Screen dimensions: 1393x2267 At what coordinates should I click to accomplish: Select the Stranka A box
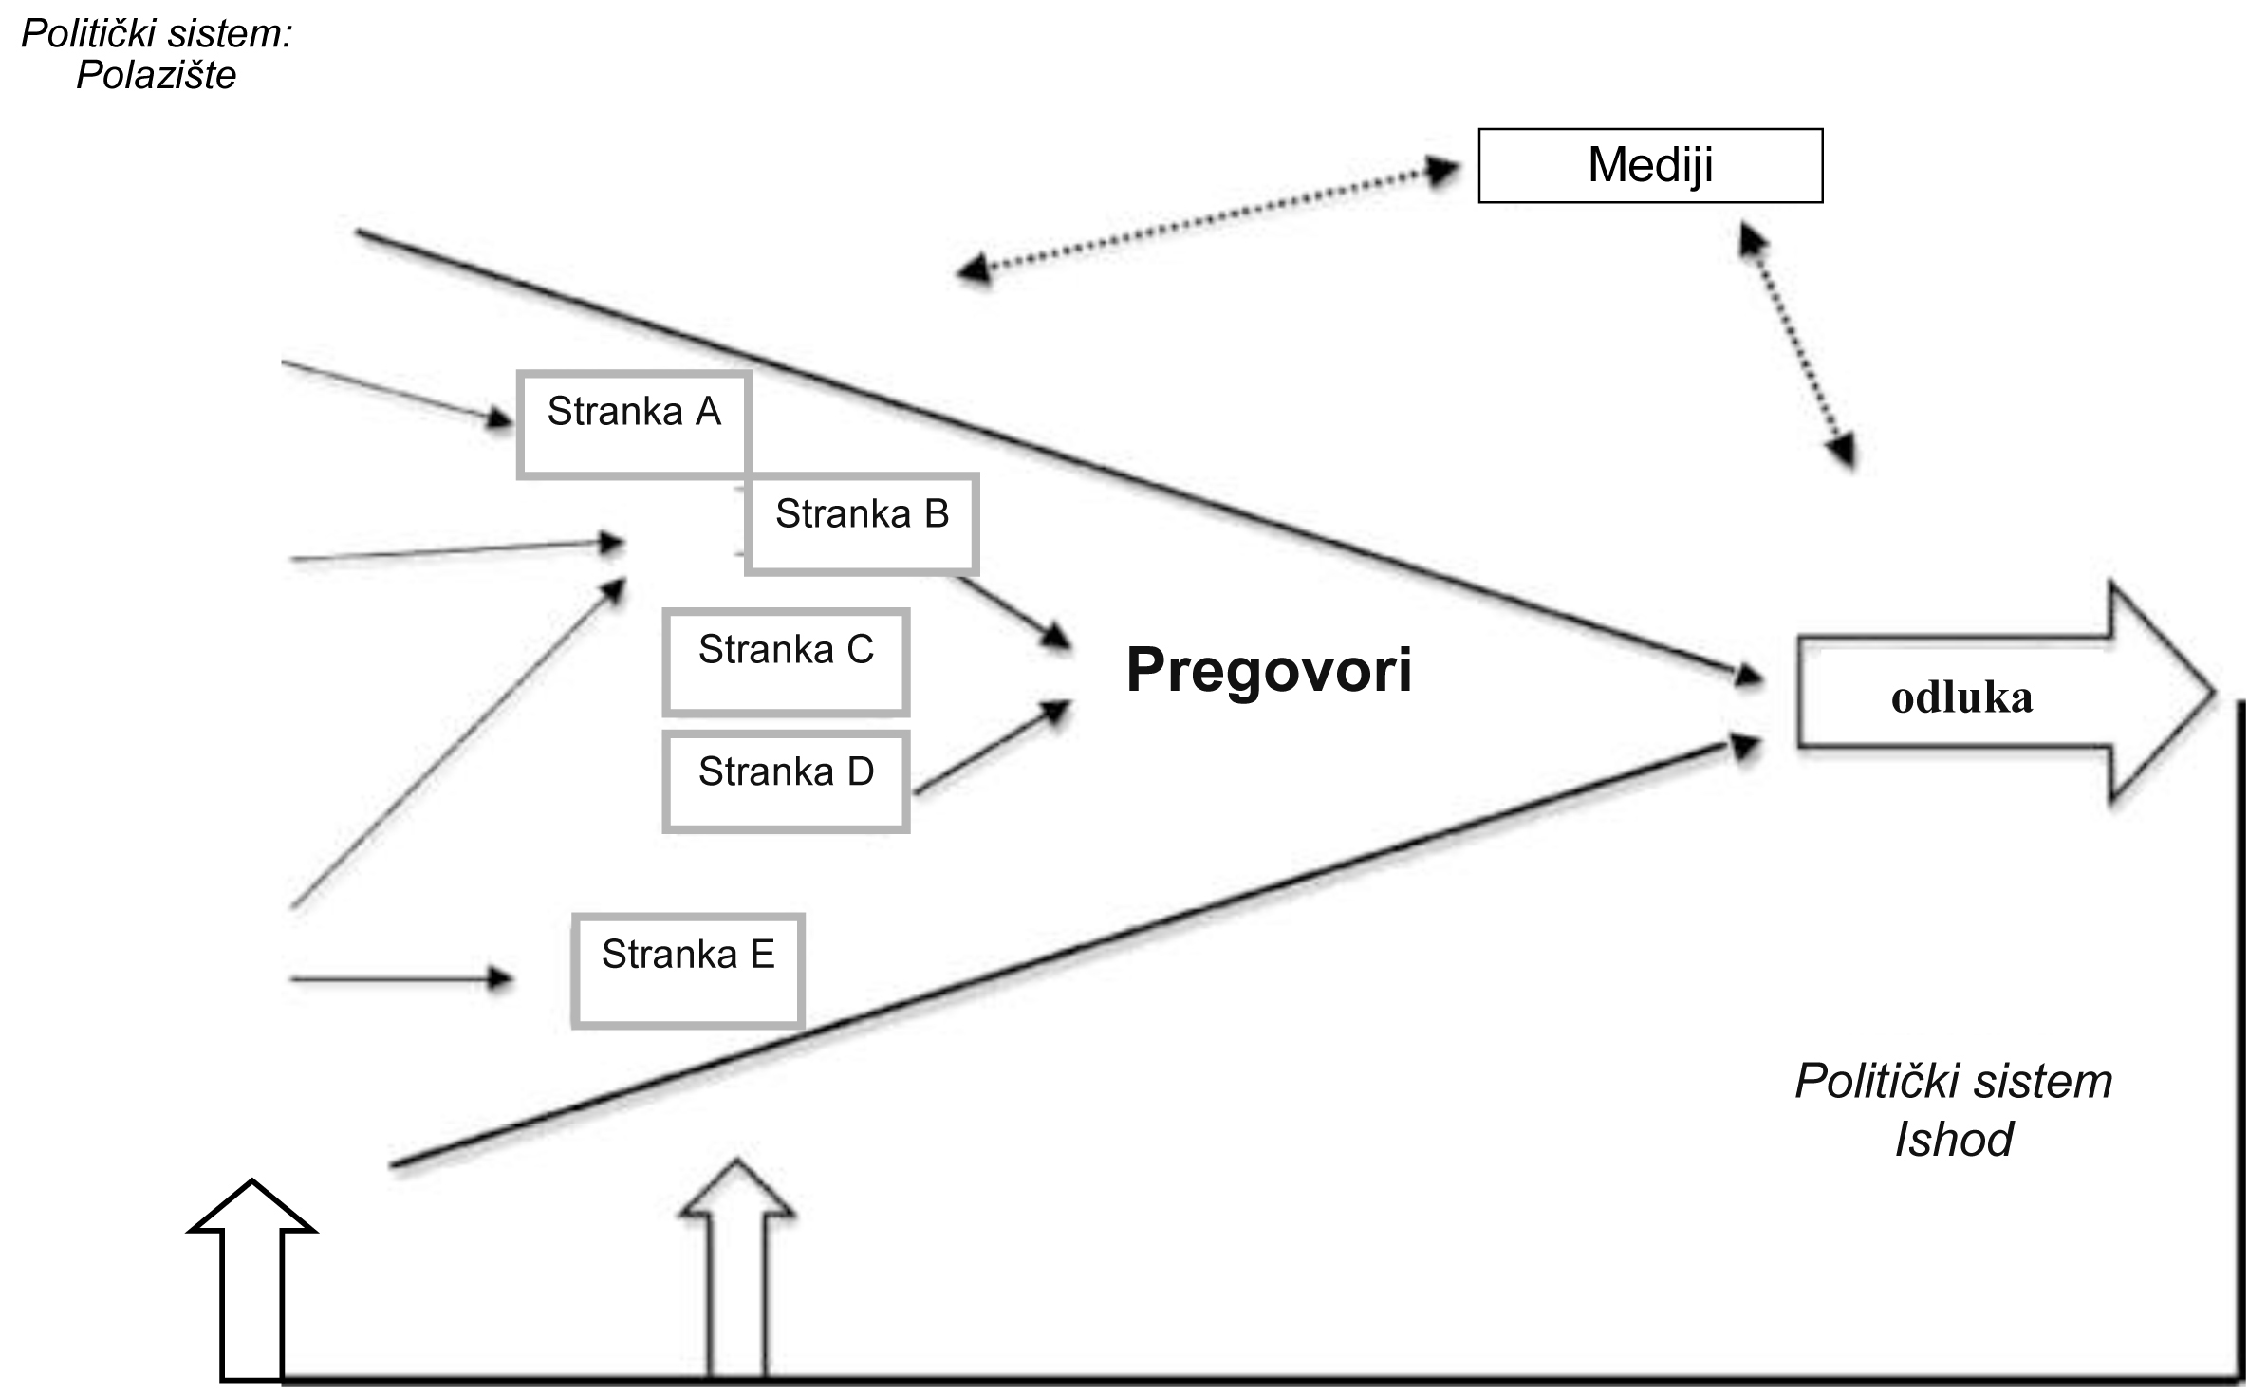[634, 423]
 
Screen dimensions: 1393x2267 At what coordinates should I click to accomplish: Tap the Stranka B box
[862, 524]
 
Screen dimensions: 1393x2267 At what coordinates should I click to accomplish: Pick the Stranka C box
[786, 661]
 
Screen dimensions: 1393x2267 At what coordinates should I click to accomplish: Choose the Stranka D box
[786, 781]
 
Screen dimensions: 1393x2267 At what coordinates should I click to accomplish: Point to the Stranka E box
[688, 970]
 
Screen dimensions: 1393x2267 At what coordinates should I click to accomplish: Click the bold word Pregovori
[1269, 670]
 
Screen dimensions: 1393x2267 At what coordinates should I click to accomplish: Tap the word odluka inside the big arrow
[1961, 698]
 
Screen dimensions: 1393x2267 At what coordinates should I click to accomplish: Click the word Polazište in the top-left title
[156, 75]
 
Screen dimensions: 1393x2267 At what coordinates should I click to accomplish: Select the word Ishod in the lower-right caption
[1953, 1139]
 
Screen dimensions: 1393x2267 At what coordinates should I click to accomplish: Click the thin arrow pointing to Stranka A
[399, 392]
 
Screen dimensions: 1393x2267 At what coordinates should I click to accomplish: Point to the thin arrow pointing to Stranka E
[399, 977]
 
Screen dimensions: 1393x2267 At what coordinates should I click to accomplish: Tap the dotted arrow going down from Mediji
[1796, 346]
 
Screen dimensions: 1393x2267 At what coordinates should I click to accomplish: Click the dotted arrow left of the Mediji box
[1207, 221]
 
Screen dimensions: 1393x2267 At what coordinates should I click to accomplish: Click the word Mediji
[1650, 165]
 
